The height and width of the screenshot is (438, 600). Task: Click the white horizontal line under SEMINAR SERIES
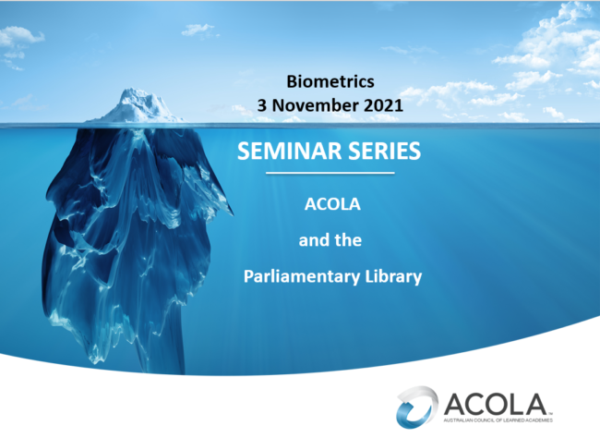330,173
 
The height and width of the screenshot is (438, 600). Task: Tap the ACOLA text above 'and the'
330,205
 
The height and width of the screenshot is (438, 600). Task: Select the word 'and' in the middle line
312,240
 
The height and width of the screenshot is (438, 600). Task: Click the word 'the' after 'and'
348,240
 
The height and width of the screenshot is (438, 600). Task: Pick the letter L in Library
368,276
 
